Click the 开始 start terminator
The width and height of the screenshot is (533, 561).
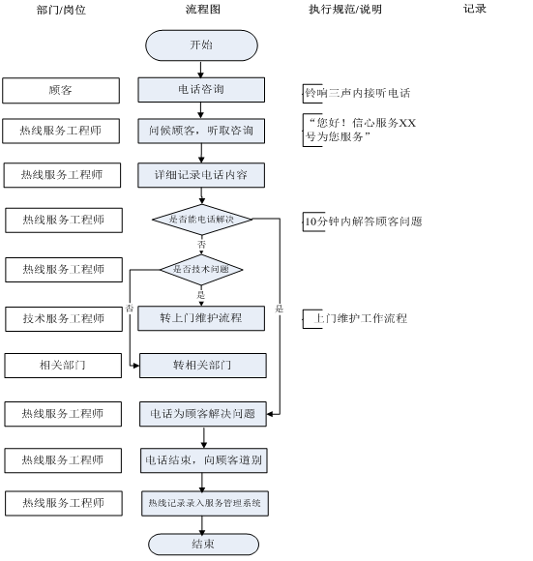point(201,45)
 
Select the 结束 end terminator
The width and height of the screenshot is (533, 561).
point(203,545)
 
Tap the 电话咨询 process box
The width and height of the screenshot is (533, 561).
point(201,89)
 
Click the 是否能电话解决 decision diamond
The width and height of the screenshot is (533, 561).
point(202,220)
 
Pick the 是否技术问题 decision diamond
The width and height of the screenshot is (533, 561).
point(201,270)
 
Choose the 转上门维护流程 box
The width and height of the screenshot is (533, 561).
point(201,318)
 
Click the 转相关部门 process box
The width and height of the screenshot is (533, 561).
point(203,366)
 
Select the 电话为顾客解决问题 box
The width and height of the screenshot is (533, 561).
point(203,414)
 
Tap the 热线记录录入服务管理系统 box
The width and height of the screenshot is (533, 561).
point(205,503)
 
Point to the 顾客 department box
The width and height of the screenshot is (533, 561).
point(61,91)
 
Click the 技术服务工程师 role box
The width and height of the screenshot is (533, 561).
point(64,319)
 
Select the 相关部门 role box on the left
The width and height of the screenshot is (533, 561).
point(63,366)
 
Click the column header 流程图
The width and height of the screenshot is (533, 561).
point(203,9)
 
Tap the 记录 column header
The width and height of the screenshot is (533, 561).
point(475,9)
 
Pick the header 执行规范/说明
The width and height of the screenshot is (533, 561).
point(345,10)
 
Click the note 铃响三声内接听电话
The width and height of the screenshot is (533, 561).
point(357,93)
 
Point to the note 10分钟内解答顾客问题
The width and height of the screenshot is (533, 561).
point(363,221)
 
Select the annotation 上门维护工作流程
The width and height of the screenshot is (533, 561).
point(360,318)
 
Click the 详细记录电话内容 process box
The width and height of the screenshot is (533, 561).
point(201,175)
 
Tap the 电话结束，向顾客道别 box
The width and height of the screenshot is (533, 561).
point(204,460)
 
